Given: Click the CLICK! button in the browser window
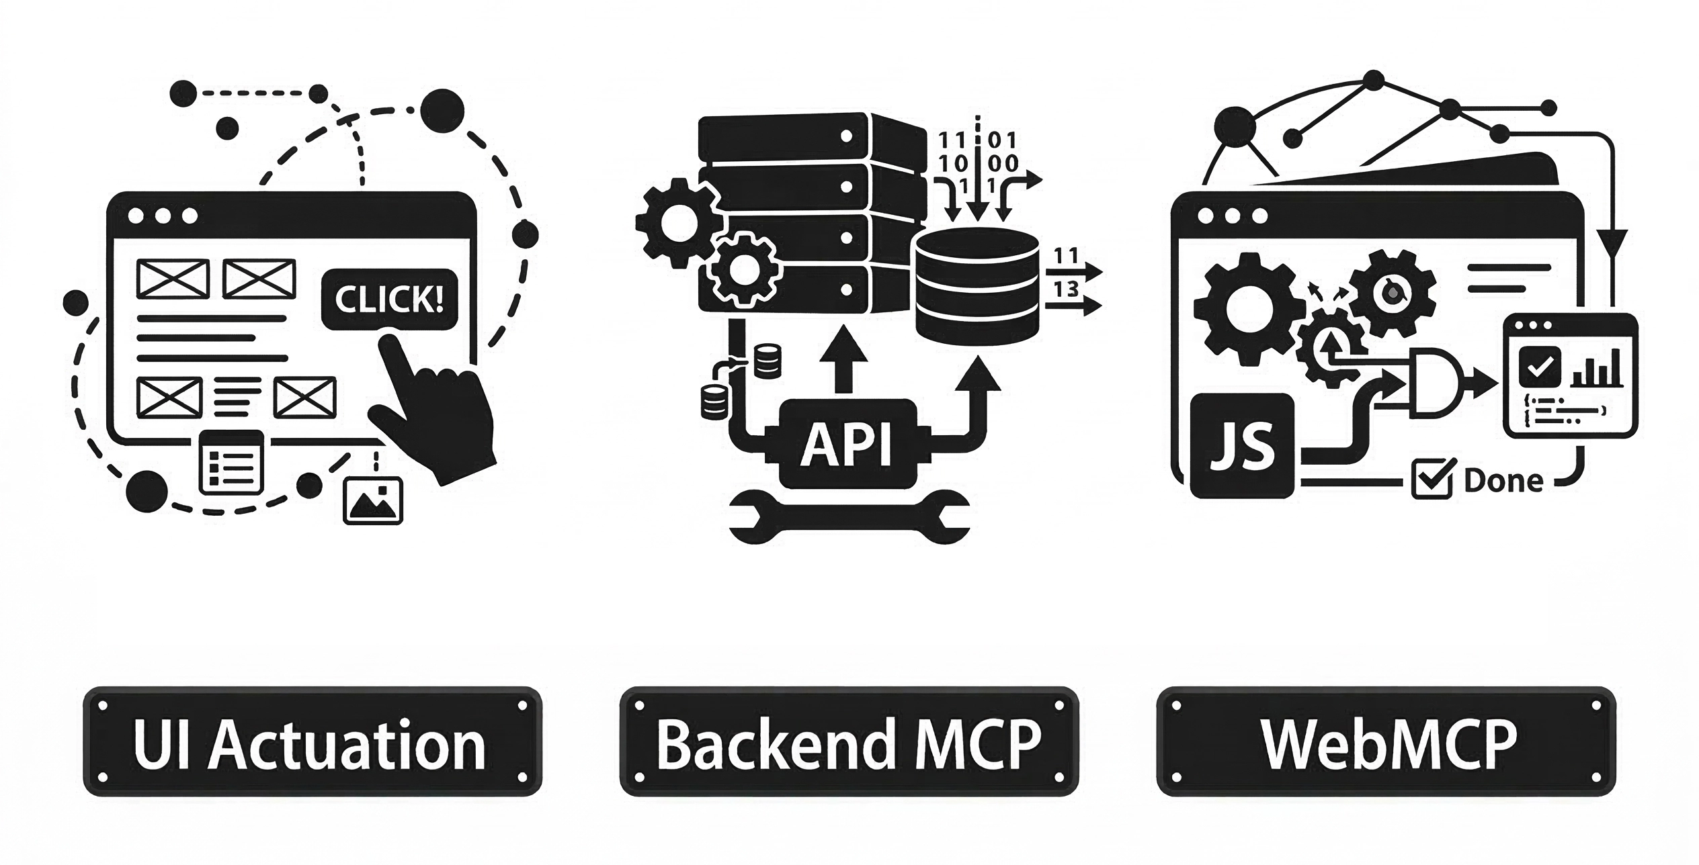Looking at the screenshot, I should [389, 300].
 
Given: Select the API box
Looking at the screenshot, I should [847, 444].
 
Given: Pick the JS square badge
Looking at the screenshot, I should [1242, 446].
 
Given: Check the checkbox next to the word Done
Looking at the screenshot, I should [1432, 480].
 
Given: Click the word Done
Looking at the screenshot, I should [1503, 481].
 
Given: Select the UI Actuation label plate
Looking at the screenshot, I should [312, 741].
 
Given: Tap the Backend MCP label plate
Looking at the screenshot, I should [848, 741].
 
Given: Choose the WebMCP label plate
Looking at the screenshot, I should [1386, 741].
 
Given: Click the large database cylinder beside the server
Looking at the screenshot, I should [977, 286].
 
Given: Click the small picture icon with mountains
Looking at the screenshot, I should [373, 500].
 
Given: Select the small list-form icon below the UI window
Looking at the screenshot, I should [231, 462].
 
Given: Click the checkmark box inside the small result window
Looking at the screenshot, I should [1539, 366].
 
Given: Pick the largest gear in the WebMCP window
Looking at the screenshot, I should [1245, 310].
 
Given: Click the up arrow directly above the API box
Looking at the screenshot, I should [844, 359].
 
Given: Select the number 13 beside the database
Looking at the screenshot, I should [1066, 289].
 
